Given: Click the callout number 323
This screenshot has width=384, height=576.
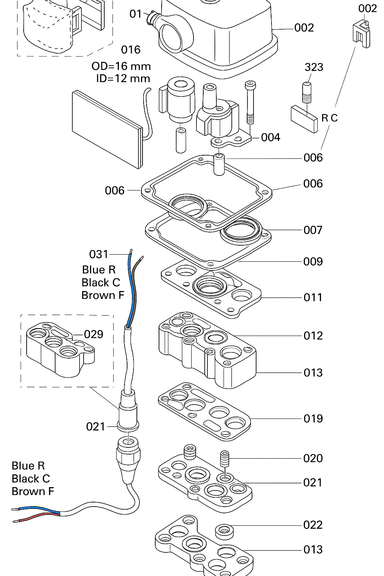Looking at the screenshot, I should [x=313, y=67].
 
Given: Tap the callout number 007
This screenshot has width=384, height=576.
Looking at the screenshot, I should [x=313, y=230].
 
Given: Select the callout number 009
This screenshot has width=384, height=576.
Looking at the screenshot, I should [x=313, y=261].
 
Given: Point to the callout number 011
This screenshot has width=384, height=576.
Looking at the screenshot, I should [x=313, y=297].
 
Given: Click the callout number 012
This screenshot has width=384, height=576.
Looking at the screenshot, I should [x=313, y=335].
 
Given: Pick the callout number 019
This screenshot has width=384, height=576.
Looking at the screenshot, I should [x=313, y=418].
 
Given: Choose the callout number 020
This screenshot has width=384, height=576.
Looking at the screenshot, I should [x=313, y=458].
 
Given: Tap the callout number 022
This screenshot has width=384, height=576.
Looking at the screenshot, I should [x=313, y=525].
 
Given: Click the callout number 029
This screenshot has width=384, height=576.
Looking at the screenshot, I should [x=93, y=334].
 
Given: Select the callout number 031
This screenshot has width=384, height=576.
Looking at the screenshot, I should [x=99, y=254].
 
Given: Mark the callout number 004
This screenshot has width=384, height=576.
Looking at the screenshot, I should [x=270, y=137].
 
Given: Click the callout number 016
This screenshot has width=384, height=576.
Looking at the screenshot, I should [x=131, y=49].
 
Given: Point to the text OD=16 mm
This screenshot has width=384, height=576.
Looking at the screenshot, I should [x=121, y=66].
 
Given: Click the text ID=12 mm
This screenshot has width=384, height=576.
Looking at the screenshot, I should [x=123, y=79].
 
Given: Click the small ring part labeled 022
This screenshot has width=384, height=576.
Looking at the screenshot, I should [x=224, y=531].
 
